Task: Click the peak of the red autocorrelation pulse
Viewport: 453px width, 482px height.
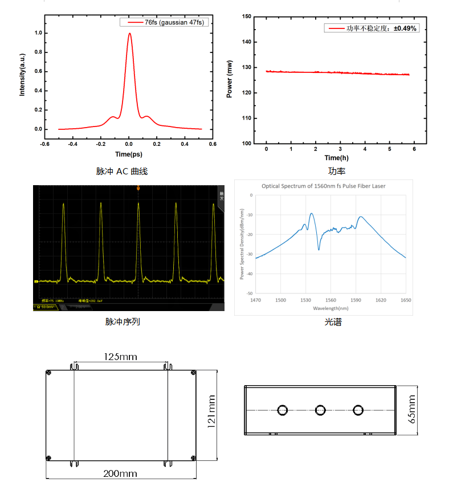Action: click(x=130, y=34)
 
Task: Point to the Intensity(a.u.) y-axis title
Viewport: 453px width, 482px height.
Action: click(x=22, y=75)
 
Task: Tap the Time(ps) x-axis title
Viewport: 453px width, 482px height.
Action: click(x=128, y=154)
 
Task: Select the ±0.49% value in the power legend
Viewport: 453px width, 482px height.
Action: click(x=405, y=28)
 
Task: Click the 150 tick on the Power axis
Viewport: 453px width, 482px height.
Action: click(x=246, y=17)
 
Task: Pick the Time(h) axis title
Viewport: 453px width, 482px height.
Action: click(x=336, y=157)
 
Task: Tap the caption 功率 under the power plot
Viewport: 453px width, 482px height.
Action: click(x=336, y=171)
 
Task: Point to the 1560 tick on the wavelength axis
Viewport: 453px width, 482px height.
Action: click(x=330, y=300)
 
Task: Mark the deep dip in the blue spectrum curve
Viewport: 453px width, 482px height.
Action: click(x=319, y=249)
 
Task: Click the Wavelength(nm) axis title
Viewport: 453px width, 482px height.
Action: click(x=330, y=308)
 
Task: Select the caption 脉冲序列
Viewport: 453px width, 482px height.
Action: click(x=123, y=322)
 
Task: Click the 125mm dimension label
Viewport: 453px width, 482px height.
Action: click(x=120, y=357)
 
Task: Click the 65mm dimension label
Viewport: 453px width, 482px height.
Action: click(x=412, y=409)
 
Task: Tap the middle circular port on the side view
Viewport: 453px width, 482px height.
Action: click(x=320, y=410)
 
